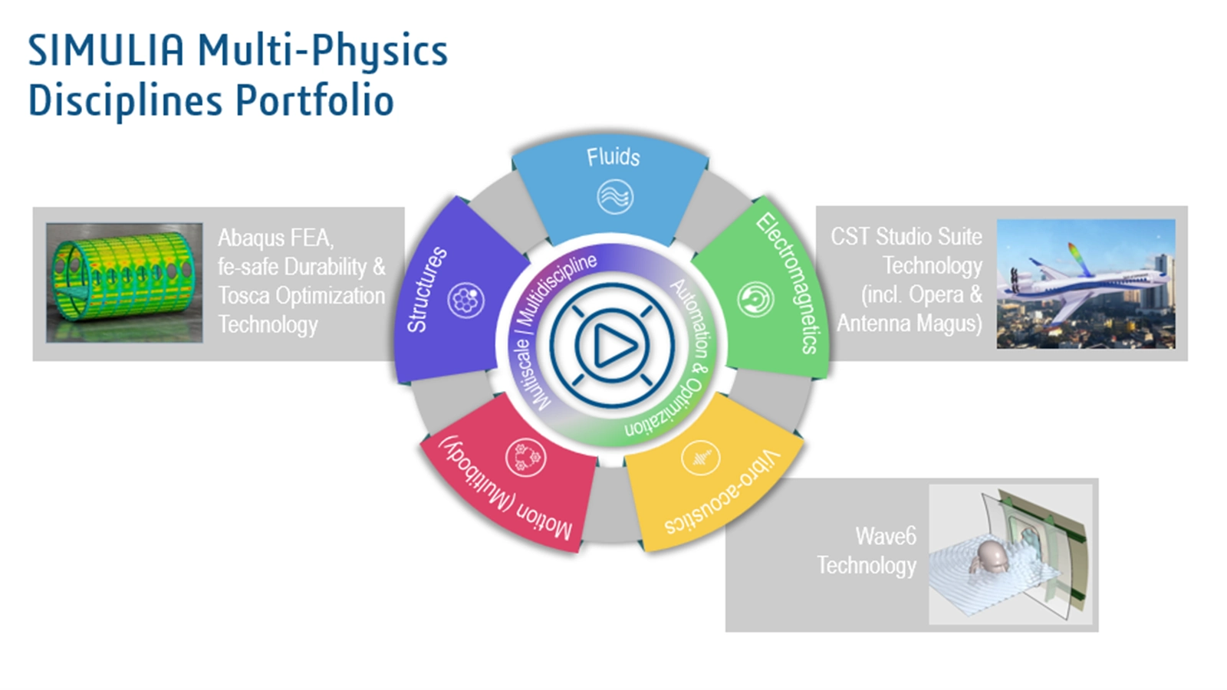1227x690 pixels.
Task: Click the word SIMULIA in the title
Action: pos(106,50)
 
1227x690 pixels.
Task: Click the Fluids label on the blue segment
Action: pos(613,157)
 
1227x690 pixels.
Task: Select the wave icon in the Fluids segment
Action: pos(615,196)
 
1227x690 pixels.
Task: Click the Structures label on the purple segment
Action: pos(426,290)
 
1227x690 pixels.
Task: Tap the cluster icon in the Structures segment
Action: pos(465,300)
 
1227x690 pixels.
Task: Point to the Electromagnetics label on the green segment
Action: pos(791,283)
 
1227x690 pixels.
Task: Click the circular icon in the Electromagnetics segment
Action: pos(755,299)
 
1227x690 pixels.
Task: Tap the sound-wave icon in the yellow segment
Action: pos(700,458)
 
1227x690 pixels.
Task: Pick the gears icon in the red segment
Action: pos(525,457)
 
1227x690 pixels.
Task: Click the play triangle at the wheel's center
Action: pos(613,346)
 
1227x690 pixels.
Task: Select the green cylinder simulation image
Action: pos(124,283)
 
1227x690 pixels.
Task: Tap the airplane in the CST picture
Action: pos(1082,284)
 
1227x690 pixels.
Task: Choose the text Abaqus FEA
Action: pos(275,238)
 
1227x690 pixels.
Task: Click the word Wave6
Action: pos(885,536)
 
